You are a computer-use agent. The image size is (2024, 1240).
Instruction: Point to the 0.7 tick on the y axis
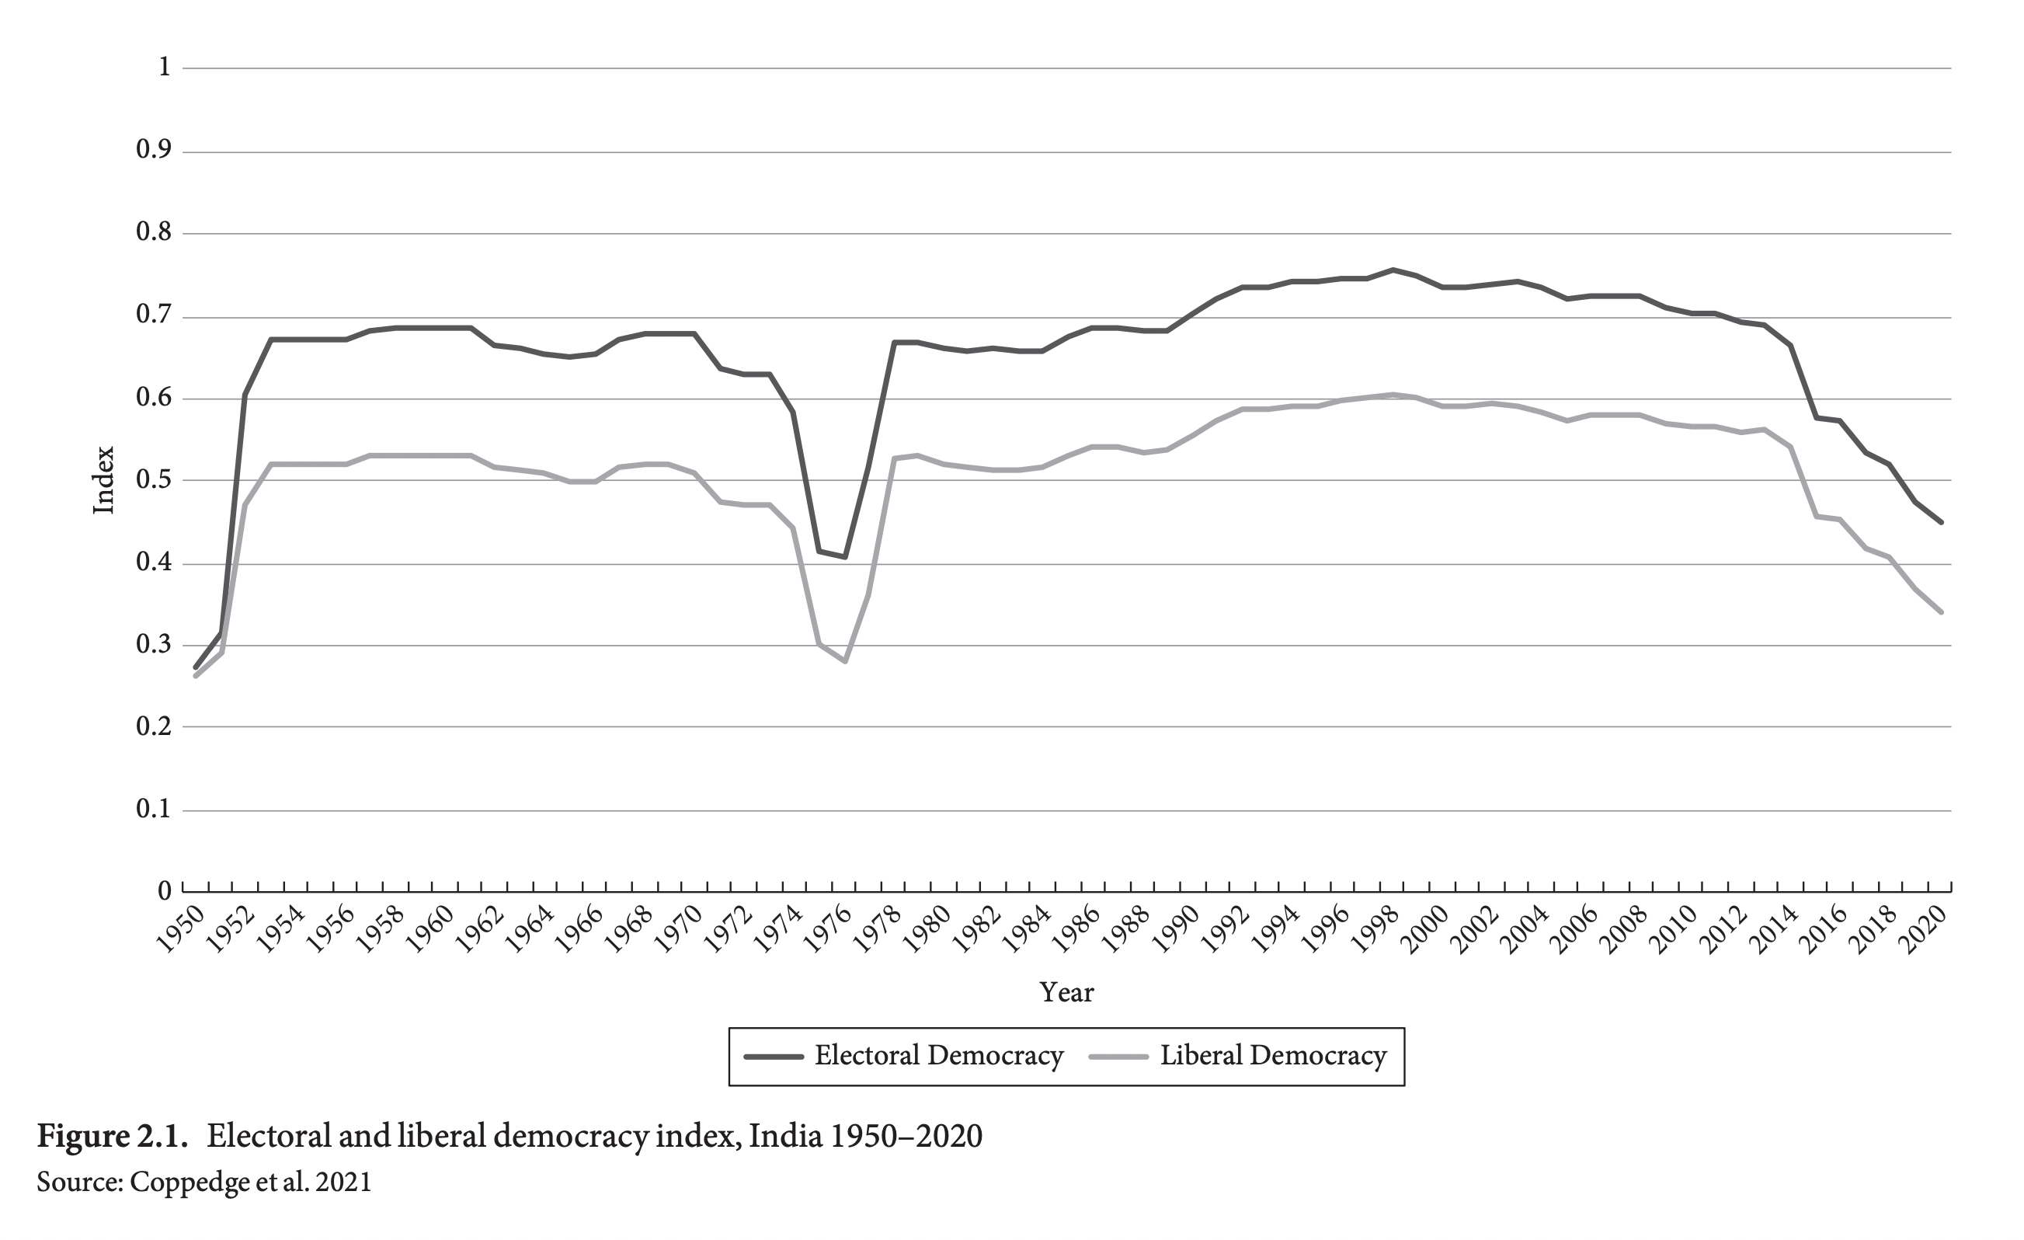pyautogui.click(x=154, y=315)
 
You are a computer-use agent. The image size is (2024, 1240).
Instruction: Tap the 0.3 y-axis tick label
pyautogui.click(x=154, y=645)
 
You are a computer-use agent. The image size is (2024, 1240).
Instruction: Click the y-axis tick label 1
pyautogui.click(x=165, y=68)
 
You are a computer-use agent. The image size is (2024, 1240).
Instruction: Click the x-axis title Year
pyautogui.click(x=1066, y=993)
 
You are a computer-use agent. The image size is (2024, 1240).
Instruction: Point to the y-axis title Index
pyautogui.click(x=103, y=481)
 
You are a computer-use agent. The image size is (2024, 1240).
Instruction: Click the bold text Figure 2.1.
pyautogui.click(x=113, y=1137)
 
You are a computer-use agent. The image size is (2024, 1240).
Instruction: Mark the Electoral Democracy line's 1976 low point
pyautogui.click(x=844, y=557)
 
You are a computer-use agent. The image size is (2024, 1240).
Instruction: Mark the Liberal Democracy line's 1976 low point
pyautogui.click(x=844, y=660)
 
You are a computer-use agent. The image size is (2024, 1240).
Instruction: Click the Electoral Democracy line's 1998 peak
pyautogui.click(x=1393, y=270)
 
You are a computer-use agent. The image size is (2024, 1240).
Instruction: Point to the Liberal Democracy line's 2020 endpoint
pyautogui.click(x=1940, y=612)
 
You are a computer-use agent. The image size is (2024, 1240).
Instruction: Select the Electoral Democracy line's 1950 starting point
pyautogui.click(x=196, y=667)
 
